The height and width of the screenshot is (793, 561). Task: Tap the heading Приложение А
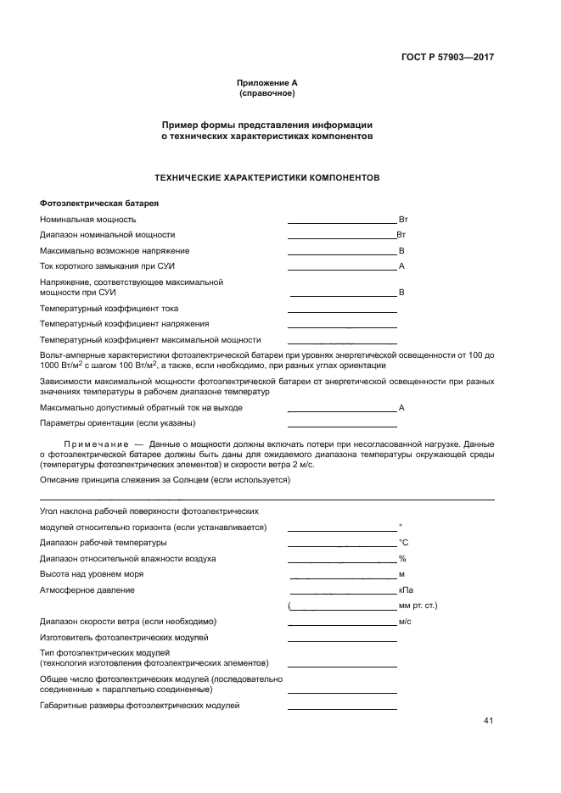266,82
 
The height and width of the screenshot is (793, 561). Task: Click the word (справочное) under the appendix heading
266,92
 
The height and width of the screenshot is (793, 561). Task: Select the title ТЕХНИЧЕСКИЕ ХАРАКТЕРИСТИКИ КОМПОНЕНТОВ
266,178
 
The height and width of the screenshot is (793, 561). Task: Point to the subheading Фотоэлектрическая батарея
99,204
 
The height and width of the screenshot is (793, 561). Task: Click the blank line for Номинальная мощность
342,221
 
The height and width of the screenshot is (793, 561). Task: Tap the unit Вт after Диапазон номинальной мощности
401,234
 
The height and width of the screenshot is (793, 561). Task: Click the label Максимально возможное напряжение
115,250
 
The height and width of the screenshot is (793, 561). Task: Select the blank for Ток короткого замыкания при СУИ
342,267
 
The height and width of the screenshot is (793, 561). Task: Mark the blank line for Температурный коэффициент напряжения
342,326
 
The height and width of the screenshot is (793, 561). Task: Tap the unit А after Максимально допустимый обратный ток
401,408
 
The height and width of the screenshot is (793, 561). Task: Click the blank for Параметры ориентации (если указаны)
342,424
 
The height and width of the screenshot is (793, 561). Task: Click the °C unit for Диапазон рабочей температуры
404,542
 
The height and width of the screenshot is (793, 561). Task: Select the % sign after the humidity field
402,559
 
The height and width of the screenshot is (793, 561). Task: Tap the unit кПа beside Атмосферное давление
406,589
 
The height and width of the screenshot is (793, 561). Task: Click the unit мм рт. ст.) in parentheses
417,606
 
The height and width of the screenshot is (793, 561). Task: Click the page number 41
488,721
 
